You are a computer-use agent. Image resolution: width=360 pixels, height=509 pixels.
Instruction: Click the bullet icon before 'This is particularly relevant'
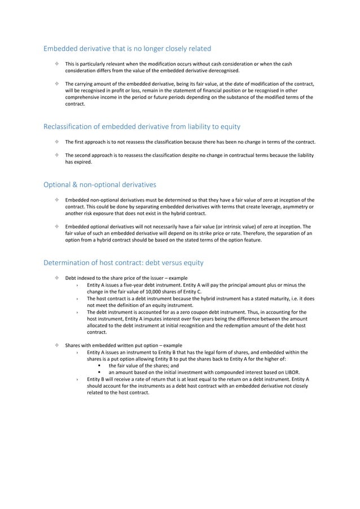click(58, 64)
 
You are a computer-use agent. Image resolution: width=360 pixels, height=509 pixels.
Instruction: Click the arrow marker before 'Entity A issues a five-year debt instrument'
click(77, 285)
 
